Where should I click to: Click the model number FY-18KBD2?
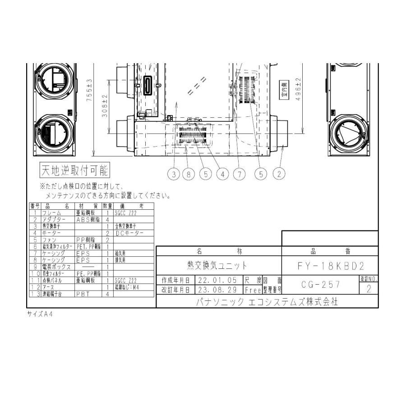pyautogui.click(x=331, y=267)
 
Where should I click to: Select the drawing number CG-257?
pyautogui.click(x=320, y=285)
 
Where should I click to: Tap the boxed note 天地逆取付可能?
pyautogui.click(x=75, y=171)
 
